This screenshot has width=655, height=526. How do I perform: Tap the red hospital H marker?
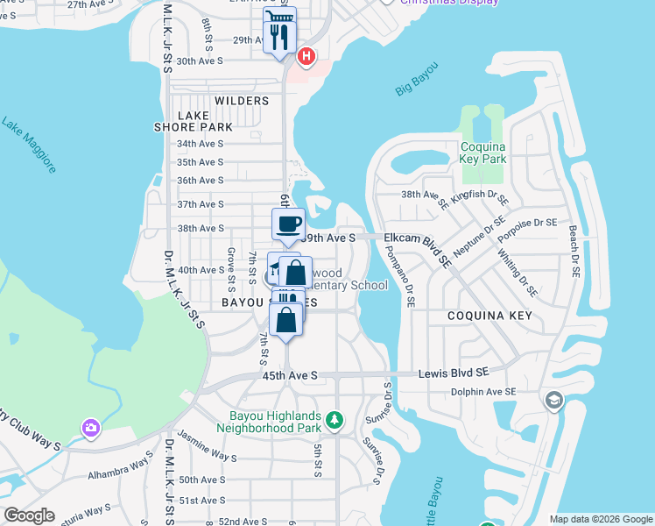click(x=306, y=57)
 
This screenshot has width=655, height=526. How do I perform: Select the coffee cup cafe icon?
click(x=288, y=224)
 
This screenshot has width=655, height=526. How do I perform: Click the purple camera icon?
click(x=90, y=428)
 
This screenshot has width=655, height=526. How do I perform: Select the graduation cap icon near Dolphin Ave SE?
click(x=553, y=402)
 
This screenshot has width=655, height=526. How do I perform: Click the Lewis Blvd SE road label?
click(x=459, y=373)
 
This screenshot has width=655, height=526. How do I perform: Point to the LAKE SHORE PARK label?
click(x=206, y=121)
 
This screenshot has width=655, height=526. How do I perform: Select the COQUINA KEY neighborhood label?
click(x=483, y=314)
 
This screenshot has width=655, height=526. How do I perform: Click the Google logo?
click(x=28, y=515)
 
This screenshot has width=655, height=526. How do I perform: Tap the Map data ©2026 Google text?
click(x=600, y=519)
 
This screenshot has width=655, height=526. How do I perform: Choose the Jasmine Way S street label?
click(x=208, y=457)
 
